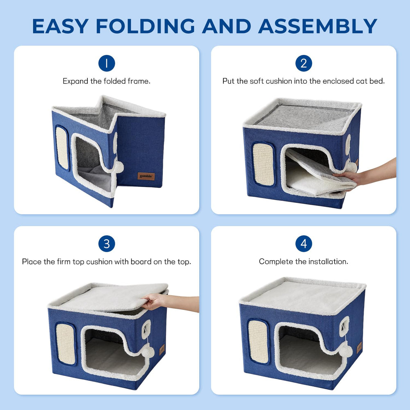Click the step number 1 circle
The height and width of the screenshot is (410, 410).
click(107, 64)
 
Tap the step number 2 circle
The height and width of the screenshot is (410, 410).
click(303, 64)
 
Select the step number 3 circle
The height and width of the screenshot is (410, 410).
click(107, 244)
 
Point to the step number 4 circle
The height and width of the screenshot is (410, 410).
click(303, 244)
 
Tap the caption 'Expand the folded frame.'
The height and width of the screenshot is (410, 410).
click(107, 81)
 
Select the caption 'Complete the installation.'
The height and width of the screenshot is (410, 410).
click(303, 262)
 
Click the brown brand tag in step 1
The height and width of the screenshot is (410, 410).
click(146, 176)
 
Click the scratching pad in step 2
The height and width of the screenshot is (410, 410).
click(263, 164)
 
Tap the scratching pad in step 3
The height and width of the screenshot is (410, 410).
click(65, 343)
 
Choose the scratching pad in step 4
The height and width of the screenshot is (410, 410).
click(258, 341)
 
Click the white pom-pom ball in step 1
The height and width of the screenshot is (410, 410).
click(118, 166)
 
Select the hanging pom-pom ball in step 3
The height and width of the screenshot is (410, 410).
click(147, 351)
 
